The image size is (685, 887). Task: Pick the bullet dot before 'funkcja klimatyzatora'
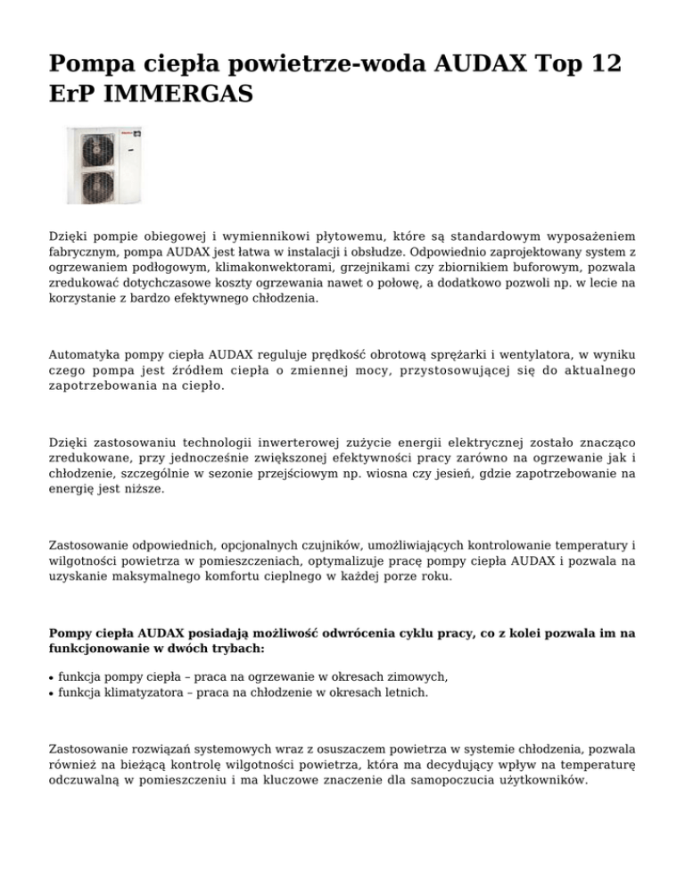52,692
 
